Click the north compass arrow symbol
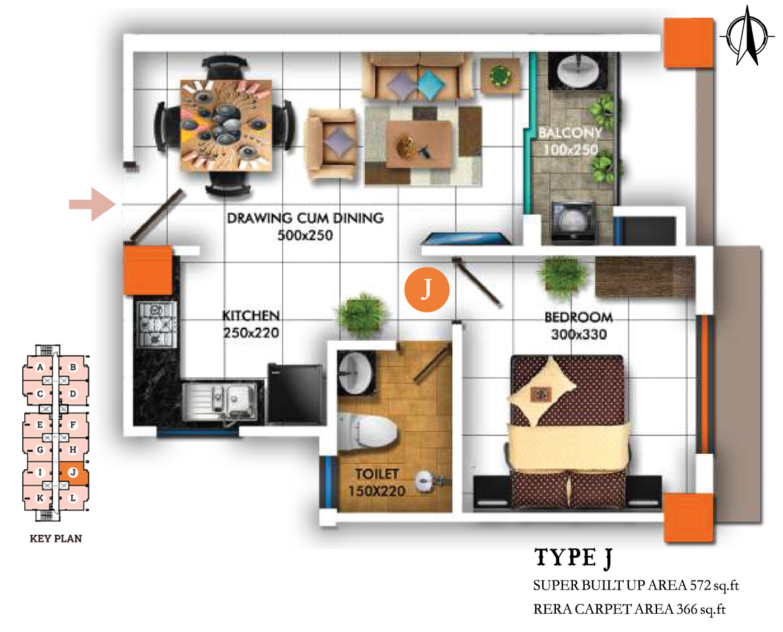pos(747,36)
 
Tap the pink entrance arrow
pos(93,204)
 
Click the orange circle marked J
pos(427,289)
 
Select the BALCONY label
pos(570,133)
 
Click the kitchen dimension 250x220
pos(251,333)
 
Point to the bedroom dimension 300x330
pos(579,334)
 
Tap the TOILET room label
pos(377,474)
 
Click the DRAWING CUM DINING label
pos(305,218)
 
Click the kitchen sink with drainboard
pos(223,401)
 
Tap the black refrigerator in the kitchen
pos(295,394)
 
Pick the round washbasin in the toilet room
pos(356,373)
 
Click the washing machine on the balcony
pos(574,222)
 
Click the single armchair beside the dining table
pos(331,144)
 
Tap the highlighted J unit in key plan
pos(74,473)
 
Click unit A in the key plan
pos(40,368)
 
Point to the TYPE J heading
pos(574,558)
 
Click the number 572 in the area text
pos(700,586)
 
